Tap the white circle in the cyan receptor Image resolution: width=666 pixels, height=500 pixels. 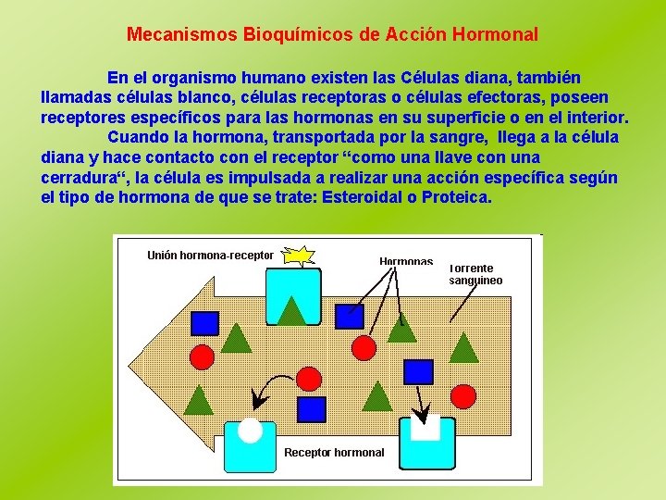(250, 430)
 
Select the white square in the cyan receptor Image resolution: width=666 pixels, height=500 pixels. (425, 428)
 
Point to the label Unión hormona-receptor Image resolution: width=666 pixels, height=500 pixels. (210, 255)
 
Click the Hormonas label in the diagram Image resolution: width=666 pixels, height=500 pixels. (406, 261)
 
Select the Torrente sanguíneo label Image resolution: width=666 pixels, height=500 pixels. (475, 274)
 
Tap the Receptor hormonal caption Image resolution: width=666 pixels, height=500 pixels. (333, 453)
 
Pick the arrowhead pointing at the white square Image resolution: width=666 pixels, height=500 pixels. (425, 414)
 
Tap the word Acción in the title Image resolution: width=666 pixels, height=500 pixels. (414, 35)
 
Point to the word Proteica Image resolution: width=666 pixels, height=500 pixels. (459, 197)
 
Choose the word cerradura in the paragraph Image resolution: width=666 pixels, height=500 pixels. (84, 178)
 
